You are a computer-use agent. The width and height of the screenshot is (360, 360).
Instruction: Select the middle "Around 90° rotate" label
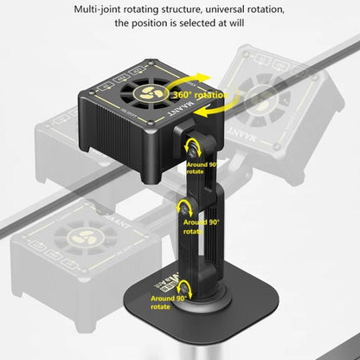click(202, 226)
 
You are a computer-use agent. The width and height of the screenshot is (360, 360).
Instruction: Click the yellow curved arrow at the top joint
click(195, 145)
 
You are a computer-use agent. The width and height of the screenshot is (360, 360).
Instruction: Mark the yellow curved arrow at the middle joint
click(184, 208)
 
